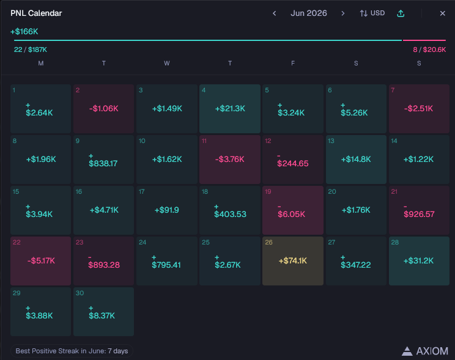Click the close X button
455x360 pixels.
click(x=442, y=13)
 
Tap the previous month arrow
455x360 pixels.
click(x=274, y=13)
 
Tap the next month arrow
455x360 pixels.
click(x=342, y=13)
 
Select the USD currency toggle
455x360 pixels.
click(x=372, y=13)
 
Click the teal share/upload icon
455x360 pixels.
click(x=401, y=13)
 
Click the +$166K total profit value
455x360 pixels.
click(x=24, y=31)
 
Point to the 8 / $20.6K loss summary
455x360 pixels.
click(x=429, y=50)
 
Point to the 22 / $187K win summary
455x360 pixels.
click(x=31, y=50)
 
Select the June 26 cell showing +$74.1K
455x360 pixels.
click(x=293, y=261)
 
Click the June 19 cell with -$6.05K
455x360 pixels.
click(x=293, y=210)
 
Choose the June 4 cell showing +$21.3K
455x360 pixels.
click(x=230, y=109)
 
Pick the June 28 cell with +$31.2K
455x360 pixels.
click(x=419, y=261)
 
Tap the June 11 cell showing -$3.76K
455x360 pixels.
click(x=230, y=160)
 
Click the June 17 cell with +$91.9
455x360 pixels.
click(x=167, y=210)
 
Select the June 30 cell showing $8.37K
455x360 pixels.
click(x=103, y=312)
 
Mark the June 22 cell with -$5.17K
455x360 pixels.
click(x=40, y=261)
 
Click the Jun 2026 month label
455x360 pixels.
click(x=309, y=13)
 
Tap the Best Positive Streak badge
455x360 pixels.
click(x=72, y=351)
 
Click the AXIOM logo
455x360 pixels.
click(x=425, y=351)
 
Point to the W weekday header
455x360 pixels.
click(x=166, y=63)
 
